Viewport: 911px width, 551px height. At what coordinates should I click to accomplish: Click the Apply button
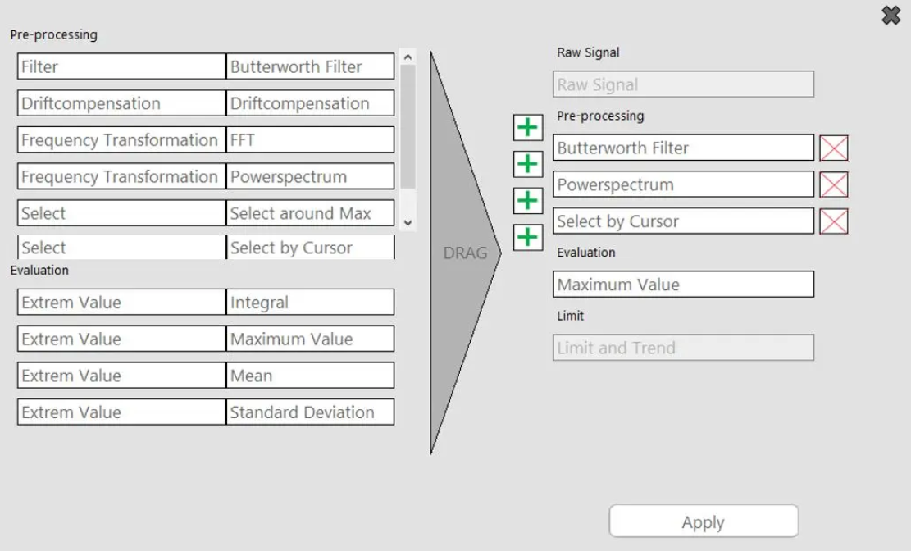703,521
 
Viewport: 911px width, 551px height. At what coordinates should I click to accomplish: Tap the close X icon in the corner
891,15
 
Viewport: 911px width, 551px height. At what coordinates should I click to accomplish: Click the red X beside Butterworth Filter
834,148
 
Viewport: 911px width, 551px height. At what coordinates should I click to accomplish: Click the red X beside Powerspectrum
834,184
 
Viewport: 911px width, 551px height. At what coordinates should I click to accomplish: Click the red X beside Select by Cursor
834,221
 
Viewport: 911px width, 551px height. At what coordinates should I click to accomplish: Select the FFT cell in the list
310,140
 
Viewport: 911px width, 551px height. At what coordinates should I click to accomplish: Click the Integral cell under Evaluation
310,303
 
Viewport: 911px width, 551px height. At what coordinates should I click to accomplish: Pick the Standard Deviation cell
310,412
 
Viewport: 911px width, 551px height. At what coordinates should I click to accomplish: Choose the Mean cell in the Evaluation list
310,376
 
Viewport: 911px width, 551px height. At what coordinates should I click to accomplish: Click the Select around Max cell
310,213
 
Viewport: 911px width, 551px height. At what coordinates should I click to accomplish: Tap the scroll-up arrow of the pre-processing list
408,57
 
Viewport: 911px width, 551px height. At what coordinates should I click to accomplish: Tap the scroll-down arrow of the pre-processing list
408,222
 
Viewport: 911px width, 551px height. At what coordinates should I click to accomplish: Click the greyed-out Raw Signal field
683,84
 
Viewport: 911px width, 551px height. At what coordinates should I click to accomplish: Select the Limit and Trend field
683,348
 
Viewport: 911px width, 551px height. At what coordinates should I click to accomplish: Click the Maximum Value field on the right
683,285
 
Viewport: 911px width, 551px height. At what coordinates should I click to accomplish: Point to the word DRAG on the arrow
465,253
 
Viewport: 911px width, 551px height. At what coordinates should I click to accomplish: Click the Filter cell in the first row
121,67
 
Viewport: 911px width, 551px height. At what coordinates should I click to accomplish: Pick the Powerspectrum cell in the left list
310,176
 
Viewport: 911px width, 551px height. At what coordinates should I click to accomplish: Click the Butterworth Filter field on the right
683,148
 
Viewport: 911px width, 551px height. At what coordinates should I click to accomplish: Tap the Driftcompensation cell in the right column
310,103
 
